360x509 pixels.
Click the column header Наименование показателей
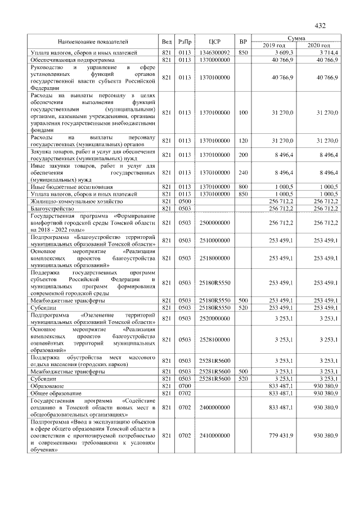93,42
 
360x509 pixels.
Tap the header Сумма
296,38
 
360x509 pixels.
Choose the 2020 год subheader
318,46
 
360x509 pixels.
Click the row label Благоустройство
48,208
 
